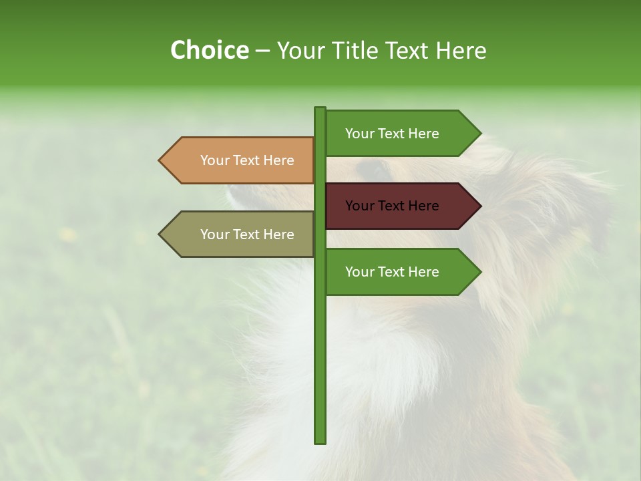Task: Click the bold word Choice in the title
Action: (x=209, y=50)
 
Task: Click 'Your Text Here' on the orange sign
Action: (x=247, y=160)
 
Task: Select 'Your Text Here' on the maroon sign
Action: (x=392, y=206)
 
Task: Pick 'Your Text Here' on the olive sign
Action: (x=247, y=234)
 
